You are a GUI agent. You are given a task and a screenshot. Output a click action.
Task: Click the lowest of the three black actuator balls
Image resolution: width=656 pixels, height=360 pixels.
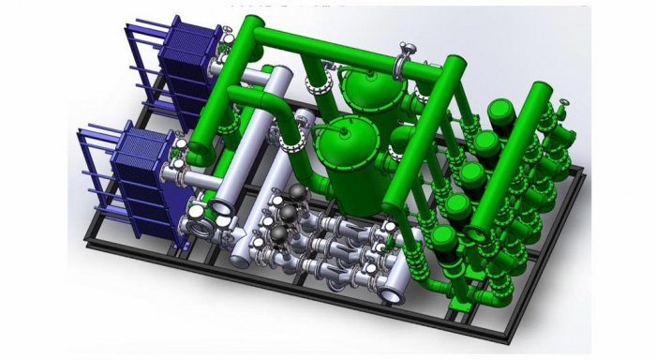(278, 234)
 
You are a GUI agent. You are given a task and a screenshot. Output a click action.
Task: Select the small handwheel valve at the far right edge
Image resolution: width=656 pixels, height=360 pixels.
(565, 106)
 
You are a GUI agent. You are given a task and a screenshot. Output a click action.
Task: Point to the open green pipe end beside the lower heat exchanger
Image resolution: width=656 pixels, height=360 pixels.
(202, 149)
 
